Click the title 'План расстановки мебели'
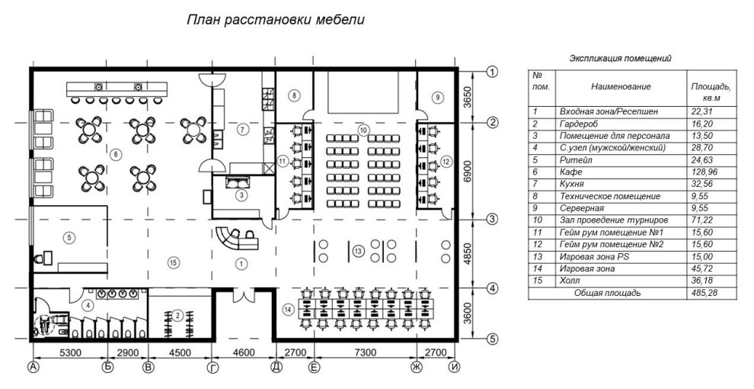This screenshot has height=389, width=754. [x=277, y=19]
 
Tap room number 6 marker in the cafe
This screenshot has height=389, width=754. [x=115, y=155]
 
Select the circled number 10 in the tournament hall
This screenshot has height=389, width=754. [x=363, y=130]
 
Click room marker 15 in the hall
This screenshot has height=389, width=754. [x=174, y=262]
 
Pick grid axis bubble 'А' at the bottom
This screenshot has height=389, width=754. [x=33, y=368]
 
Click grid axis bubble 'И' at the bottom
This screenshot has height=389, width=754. [x=455, y=368]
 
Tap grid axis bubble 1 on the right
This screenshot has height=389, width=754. [x=492, y=72]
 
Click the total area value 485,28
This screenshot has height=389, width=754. [x=701, y=292]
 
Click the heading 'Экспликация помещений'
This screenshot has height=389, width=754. [x=621, y=58]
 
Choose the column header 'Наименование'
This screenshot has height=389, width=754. [x=620, y=87]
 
